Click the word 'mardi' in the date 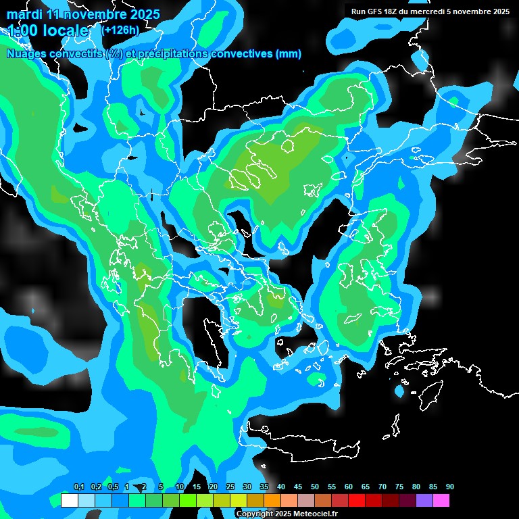point(25,14)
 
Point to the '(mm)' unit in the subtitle point(289,54)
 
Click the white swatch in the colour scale point(69,501)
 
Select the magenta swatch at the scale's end point(441,501)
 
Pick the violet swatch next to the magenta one point(424,501)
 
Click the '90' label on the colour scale point(450,487)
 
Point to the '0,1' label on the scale point(79,487)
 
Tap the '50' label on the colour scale point(315,487)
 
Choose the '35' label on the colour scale point(264,487)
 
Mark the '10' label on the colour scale point(180,487)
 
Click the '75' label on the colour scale point(399,487)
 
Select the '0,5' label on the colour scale point(113,487)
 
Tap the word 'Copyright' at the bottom point(255,514)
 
